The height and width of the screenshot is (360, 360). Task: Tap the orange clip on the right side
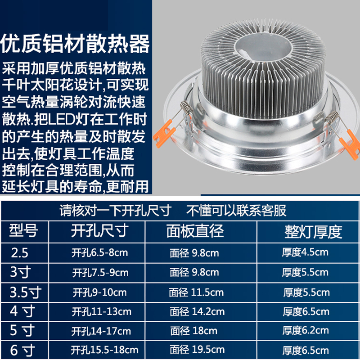click(x=349, y=143)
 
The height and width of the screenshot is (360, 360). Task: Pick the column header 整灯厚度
click(x=313, y=231)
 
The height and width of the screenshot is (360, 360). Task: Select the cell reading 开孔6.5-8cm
click(x=100, y=253)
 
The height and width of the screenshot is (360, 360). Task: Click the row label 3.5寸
click(x=25, y=292)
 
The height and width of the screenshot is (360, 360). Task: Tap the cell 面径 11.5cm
click(x=196, y=292)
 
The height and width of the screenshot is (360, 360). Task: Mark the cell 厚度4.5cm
click(x=306, y=252)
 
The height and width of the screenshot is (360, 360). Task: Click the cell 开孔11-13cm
click(x=102, y=311)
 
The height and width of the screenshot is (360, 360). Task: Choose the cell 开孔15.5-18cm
click(x=105, y=350)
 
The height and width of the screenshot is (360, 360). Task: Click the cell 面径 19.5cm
click(x=197, y=350)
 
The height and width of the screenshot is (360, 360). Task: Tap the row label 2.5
click(x=20, y=253)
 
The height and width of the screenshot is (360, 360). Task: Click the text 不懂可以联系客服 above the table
click(x=237, y=210)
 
